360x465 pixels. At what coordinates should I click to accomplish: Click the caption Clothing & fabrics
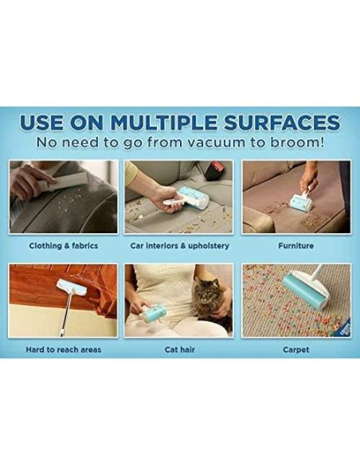(x=64, y=245)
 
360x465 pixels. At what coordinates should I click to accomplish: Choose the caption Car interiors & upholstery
(x=180, y=246)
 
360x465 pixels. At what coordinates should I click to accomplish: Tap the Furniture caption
(x=296, y=245)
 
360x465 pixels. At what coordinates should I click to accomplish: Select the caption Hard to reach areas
(x=64, y=350)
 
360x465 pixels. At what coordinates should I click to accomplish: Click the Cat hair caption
(x=180, y=350)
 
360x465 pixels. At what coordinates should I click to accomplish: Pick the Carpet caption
(x=296, y=350)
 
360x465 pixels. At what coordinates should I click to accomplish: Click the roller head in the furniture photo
(x=301, y=203)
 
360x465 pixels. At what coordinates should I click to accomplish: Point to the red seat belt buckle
(x=214, y=170)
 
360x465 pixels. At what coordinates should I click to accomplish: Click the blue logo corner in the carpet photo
(x=345, y=330)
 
